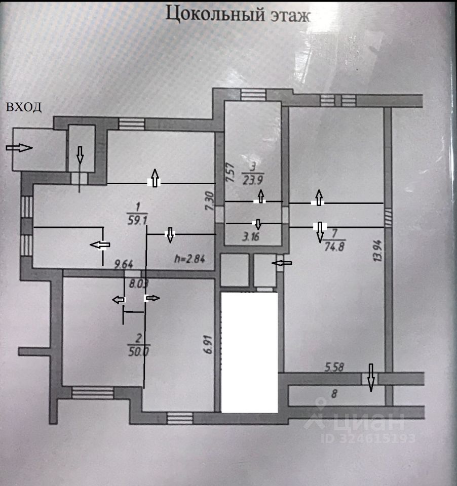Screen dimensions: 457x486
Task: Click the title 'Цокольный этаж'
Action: tap(238, 15)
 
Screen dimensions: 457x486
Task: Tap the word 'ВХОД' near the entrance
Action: tap(23, 107)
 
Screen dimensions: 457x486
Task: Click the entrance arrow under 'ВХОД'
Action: tap(19, 148)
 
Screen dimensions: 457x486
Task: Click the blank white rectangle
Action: tap(249, 352)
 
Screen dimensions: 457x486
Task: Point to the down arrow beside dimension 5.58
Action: tap(371, 378)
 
